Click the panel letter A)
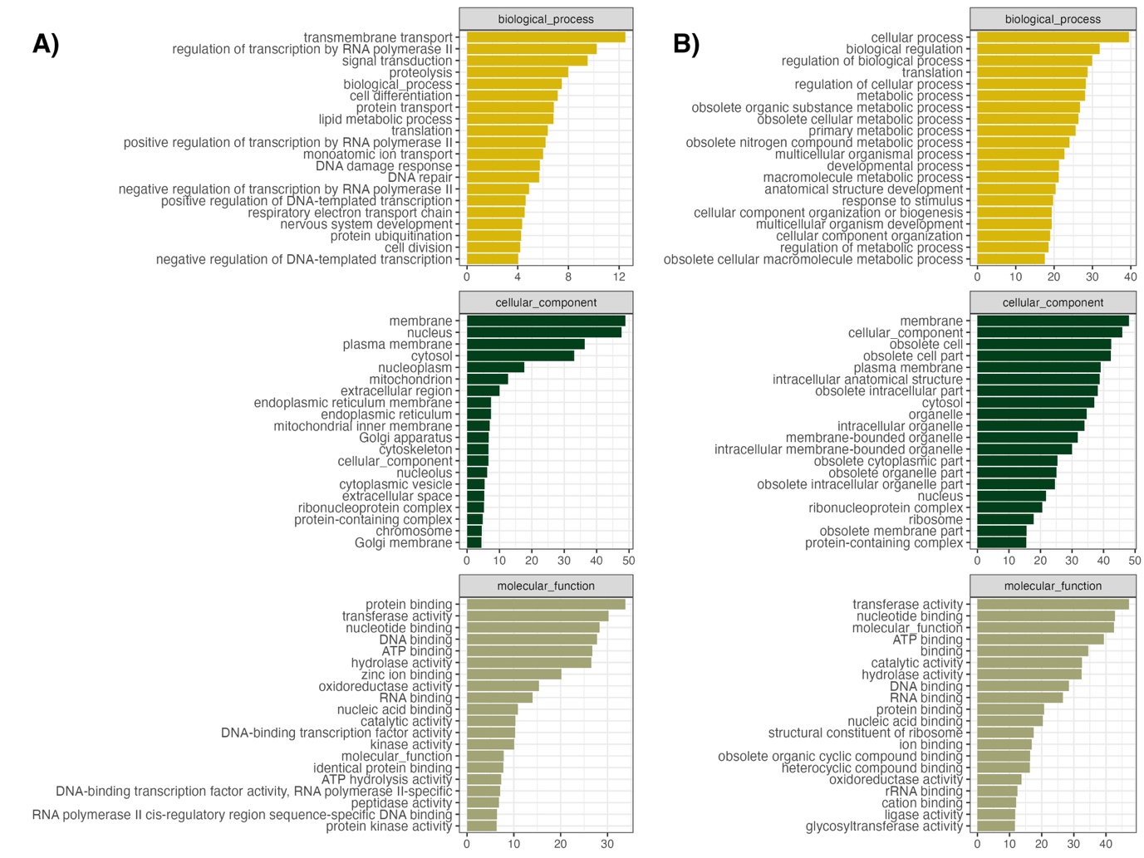[46, 44]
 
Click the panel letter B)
[686, 44]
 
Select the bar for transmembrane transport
[545, 37]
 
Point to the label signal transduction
[397, 61]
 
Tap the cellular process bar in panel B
[1053, 37]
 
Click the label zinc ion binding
[407, 674]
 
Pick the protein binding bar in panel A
[545, 605]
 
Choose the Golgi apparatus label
[405, 438]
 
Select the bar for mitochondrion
[487, 380]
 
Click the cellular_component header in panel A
[546, 302]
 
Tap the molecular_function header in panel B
[1053, 586]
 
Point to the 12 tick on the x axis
[619, 277]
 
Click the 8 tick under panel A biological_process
[568, 277]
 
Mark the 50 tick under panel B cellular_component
[1135, 561]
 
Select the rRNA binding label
[924, 791]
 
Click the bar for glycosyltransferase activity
[995, 826]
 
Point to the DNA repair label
[420, 177]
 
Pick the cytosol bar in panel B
[1035, 403]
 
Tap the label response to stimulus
[902, 201]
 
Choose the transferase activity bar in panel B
[1053, 605]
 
